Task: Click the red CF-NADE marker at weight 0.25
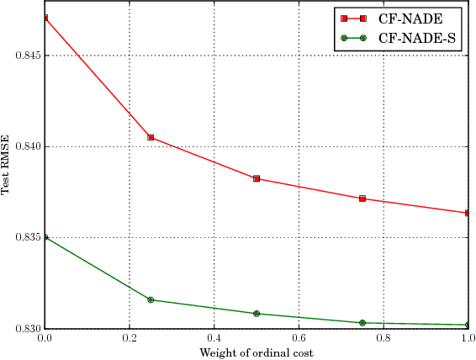tap(151, 137)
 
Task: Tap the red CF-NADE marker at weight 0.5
tap(257, 178)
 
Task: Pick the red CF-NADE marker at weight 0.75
tap(362, 199)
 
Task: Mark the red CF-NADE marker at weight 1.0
tap(467, 213)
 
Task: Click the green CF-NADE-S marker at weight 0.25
tap(151, 299)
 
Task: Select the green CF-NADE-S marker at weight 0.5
tap(257, 314)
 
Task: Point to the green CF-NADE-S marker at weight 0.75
tap(362, 323)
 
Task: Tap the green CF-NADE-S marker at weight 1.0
tap(467, 325)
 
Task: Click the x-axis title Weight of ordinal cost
tap(257, 352)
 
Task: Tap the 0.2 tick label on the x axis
tap(130, 339)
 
